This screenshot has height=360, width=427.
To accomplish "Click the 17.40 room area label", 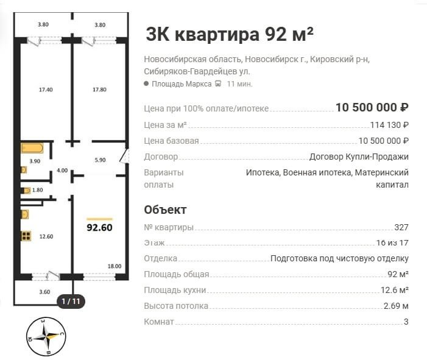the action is pyautogui.click(x=46, y=90).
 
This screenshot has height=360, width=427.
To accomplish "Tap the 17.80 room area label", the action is pyautogui.click(x=99, y=90).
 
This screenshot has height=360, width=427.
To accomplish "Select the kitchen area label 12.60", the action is pyautogui.click(x=46, y=236).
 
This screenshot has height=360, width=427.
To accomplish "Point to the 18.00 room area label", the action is pyautogui.click(x=115, y=266).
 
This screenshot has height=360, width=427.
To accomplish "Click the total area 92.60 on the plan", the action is pyautogui.click(x=99, y=227).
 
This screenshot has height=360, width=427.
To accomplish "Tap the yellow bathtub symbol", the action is pyautogui.click(x=32, y=149).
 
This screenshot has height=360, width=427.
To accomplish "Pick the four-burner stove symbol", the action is pyautogui.click(x=26, y=236).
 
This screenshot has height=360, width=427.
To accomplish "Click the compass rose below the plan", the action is pyautogui.click(x=46, y=337).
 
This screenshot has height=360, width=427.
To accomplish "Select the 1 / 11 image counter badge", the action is pyautogui.click(x=71, y=301).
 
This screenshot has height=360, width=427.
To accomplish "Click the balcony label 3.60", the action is pyautogui.click(x=44, y=292).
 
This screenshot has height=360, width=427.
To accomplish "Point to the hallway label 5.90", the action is pyautogui.click(x=100, y=160).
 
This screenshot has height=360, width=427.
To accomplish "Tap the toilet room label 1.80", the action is pyautogui.click(x=38, y=190).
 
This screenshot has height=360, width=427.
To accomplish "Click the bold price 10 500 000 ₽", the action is pyautogui.click(x=372, y=108).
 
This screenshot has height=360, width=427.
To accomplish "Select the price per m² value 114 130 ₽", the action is pyautogui.click(x=389, y=125).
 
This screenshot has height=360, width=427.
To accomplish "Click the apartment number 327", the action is pyautogui.click(x=401, y=227).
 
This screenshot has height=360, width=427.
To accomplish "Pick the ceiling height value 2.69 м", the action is pyautogui.click(x=396, y=306).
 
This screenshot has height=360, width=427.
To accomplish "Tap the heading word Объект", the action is pyautogui.click(x=165, y=210).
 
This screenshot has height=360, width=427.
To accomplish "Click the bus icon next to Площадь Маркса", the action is pyautogui.click(x=218, y=83).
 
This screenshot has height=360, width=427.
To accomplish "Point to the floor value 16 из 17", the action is pyautogui.click(x=392, y=242).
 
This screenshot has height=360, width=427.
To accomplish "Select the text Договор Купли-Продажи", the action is pyautogui.click(x=359, y=157).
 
